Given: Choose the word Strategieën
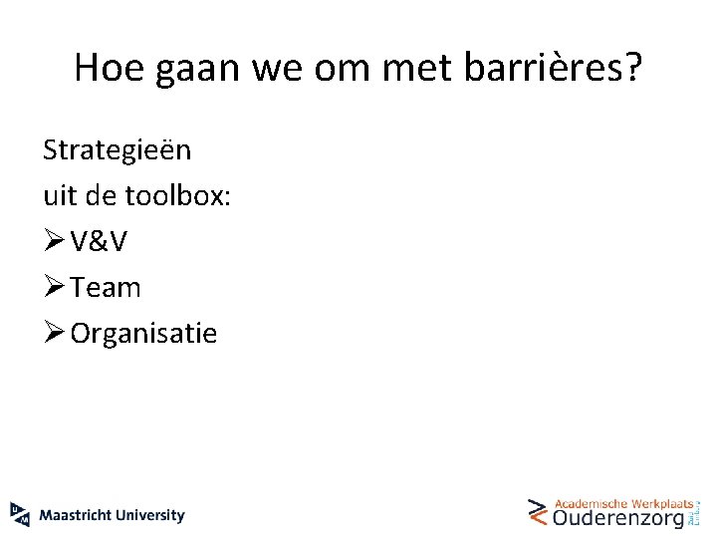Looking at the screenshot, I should pyautogui.click(x=118, y=150).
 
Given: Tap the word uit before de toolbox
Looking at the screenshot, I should pyautogui.click(x=60, y=195).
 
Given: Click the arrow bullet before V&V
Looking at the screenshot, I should pyautogui.click(x=54, y=241).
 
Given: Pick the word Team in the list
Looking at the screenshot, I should pyautogui.click(x=106, y=287).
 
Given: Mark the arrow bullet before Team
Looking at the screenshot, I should pyautogui.click(x=54, y=287).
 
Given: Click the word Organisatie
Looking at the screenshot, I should pyautogui.click(x=143, y=333).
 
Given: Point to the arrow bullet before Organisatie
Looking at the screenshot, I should pyautogui.click(x=54, y=333).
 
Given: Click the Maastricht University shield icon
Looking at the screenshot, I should pyautogui.click(x=20, y=513).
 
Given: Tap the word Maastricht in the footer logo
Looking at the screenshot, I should pyautogui.click(x=77, y=515).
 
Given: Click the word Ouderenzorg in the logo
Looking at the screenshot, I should pyautogui.click(x=618, y=518).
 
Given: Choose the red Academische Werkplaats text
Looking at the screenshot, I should pyautogui.click(x=623, y=503).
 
